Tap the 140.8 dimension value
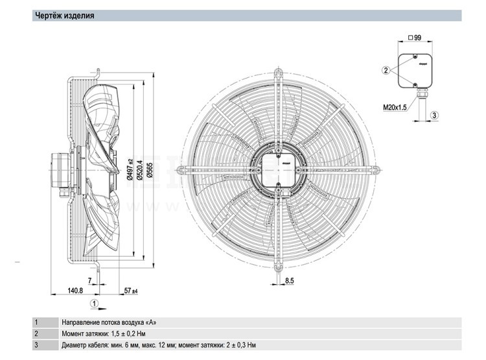(x=76, y=291)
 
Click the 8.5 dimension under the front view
(x=290, y=280)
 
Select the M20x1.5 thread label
(x=396, y=107)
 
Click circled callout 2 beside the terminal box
(x=386, y=69)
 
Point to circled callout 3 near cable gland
(x=435, y=115)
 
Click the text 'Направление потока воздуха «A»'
(x=109, y=322)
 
